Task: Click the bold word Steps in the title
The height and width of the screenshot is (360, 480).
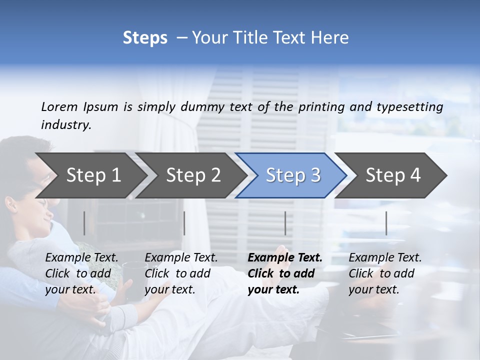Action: (x=145, y=38)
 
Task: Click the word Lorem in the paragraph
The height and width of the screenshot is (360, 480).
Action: (x=59, y=106)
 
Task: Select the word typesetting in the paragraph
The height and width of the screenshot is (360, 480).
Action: (x=409, y=106)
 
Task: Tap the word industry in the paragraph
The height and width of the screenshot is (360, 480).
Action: (x=66, y=125)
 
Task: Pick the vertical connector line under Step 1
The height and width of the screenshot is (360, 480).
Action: (x=84, y=223)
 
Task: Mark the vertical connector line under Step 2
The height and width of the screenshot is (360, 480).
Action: (x=184, y=223)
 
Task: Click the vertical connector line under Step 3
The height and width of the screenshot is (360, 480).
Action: (x=285, y=223)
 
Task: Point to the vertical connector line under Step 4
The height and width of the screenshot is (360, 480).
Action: (x=386, y=223)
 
